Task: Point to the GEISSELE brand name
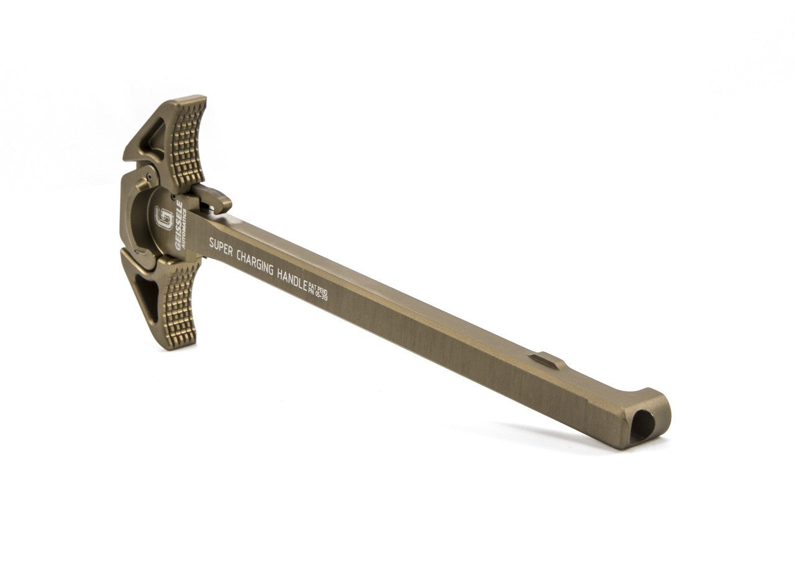[x=178, y=224]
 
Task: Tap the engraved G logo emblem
[x=164, y=218]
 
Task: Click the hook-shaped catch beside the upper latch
[x=214, y=198]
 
